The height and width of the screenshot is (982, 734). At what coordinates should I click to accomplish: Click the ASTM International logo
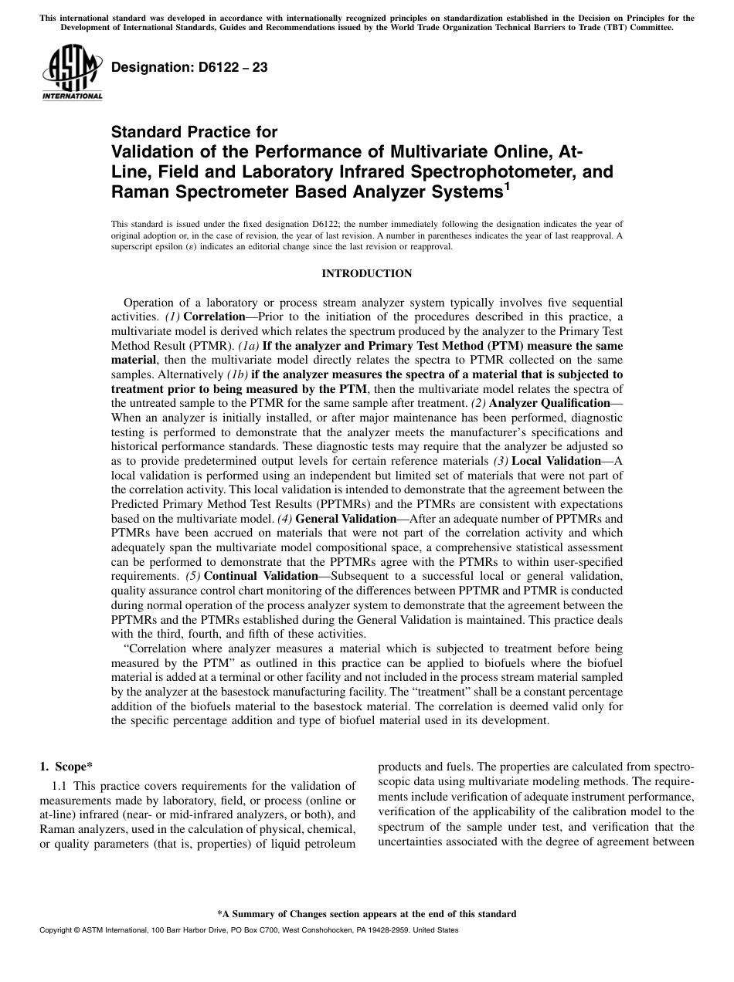[x=72, y=73]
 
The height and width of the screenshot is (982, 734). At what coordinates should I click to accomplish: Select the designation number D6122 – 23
[x=190, y=67]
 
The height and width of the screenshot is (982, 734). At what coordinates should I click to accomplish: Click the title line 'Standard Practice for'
[x=194, y=132]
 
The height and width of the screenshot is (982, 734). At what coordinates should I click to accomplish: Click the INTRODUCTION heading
[x=366, y=273]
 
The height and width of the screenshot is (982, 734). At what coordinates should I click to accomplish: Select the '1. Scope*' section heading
[x=66, y=767]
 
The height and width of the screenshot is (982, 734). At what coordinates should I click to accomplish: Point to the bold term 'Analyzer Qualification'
[x=550, y=403]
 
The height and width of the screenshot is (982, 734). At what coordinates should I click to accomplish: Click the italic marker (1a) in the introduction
[x=250, y=346]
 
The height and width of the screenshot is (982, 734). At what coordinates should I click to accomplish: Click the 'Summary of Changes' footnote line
[x=366, y=914]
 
